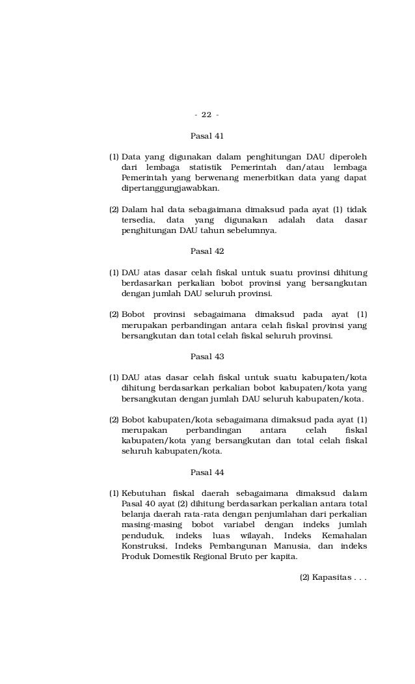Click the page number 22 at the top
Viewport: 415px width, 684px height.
tap(206, 115)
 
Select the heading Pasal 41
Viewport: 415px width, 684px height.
tap(206, 136)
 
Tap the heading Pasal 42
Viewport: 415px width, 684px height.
tap(206, 251)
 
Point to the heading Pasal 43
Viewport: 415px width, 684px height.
tap(206, 356)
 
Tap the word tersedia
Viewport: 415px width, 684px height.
tap(138, 219)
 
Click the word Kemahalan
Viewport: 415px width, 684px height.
tap(344, 535)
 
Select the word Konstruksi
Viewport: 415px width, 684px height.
tap(144, 545)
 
